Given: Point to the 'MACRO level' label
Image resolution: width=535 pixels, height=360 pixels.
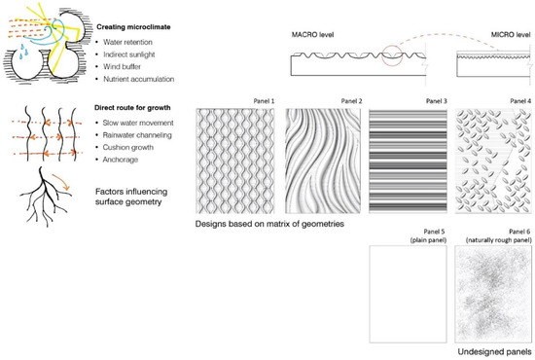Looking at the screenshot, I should (x=313, y=34).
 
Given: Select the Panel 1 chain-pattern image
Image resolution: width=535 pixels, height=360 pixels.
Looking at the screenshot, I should (x=236, y=162).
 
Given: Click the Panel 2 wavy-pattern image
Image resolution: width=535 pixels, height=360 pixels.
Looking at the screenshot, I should (x=323, y=162).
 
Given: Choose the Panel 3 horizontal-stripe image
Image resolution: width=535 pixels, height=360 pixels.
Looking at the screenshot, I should (x=409, y=162).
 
